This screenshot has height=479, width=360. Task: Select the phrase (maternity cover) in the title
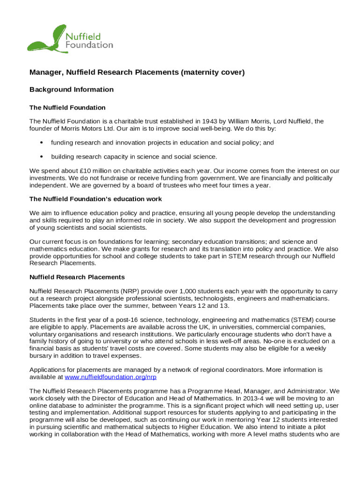click(213, 73)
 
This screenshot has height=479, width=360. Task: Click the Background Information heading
click(72, 89)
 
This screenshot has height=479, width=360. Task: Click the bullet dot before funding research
click(42, 143)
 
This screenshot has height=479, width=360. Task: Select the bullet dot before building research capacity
click(42, 157)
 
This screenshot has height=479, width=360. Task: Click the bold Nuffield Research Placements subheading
click(77, 277)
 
